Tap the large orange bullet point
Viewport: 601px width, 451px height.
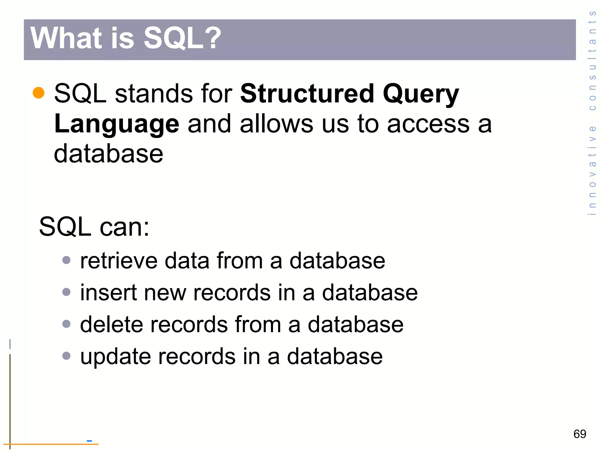(38, 93)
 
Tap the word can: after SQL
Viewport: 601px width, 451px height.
(124, 227)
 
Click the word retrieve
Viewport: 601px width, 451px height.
(119, 261)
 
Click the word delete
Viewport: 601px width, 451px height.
(112, 324)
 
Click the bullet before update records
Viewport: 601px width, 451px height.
(67, 356)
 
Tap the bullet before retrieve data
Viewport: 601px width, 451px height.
(67, 260)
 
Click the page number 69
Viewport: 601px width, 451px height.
(580, 434)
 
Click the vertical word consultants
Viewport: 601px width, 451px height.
(592, 60)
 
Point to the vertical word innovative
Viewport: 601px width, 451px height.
(592, 171)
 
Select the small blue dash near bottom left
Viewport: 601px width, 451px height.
(89, 441)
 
